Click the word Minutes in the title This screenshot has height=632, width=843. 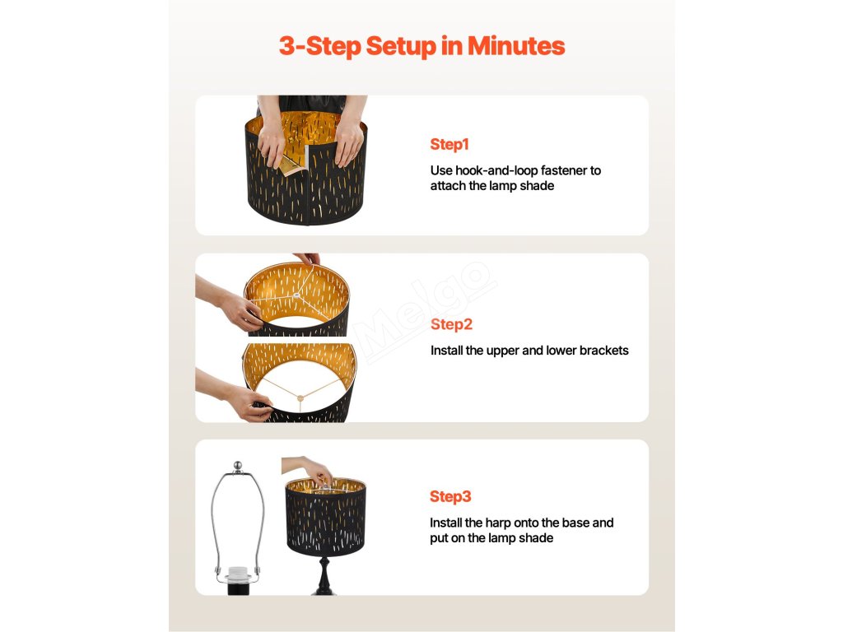(516, 46)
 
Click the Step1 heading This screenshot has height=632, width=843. (449, 144)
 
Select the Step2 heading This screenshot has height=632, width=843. (452, 324)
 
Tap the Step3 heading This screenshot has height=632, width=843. (450, 496)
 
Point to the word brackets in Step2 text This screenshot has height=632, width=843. (603, 351)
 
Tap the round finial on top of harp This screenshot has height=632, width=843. (238, 466)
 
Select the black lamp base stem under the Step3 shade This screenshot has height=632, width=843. (324, 575)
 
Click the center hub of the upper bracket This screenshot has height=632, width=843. (296, 295)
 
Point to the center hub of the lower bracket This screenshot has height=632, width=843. (300, 397)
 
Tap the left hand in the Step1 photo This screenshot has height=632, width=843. (272, 141)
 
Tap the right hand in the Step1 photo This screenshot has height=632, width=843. (348, 141)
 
